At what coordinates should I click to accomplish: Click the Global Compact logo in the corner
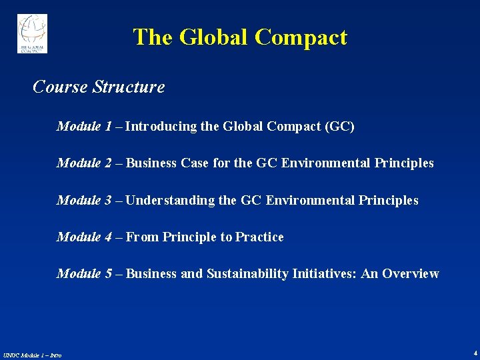pos(32,33)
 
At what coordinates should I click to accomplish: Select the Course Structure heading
pos(99,87)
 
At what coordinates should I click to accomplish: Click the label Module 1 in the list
pos(84,127)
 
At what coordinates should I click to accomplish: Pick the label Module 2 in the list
pos(84,163)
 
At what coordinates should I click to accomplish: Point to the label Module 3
pos(84,201)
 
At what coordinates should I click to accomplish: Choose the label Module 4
pos(84,237)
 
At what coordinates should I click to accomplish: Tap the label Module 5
pos(84,274)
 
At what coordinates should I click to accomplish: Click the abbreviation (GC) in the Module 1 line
pos(339,127)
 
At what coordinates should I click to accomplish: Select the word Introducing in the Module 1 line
pos(161,127)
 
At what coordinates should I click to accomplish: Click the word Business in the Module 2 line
pos(151,163)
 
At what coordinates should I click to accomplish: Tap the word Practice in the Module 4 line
pos(259,237)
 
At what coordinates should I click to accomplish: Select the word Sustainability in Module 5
pos(247,274)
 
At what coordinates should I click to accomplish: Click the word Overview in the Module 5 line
pos(410,274)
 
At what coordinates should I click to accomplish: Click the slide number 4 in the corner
pos(475,352)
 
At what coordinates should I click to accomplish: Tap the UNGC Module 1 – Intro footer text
pos(32,355)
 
